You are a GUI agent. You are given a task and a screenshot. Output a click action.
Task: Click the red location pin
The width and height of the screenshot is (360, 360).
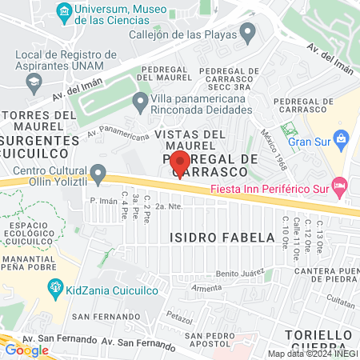click(x=180, y=162)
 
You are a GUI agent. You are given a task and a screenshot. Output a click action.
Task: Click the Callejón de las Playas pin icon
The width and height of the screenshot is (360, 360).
click(x=248, y=33)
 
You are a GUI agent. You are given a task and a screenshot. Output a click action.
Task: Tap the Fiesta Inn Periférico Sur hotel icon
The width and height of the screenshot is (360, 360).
click(x=338, y=186)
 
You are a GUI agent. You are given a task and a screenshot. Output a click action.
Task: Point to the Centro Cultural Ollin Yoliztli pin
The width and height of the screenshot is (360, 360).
click(x=98, y=173)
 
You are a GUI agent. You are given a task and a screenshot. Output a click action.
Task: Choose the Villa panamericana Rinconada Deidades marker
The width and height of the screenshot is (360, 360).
click(x=140, y=101)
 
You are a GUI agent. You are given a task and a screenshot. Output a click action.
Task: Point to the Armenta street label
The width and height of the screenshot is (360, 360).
click(x=206, y=287)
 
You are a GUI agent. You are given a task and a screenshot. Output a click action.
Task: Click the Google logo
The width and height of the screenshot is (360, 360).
click(x=26, y=350)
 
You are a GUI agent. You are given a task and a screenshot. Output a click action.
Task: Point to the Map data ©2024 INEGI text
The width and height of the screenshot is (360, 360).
click(x=311, y=354)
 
